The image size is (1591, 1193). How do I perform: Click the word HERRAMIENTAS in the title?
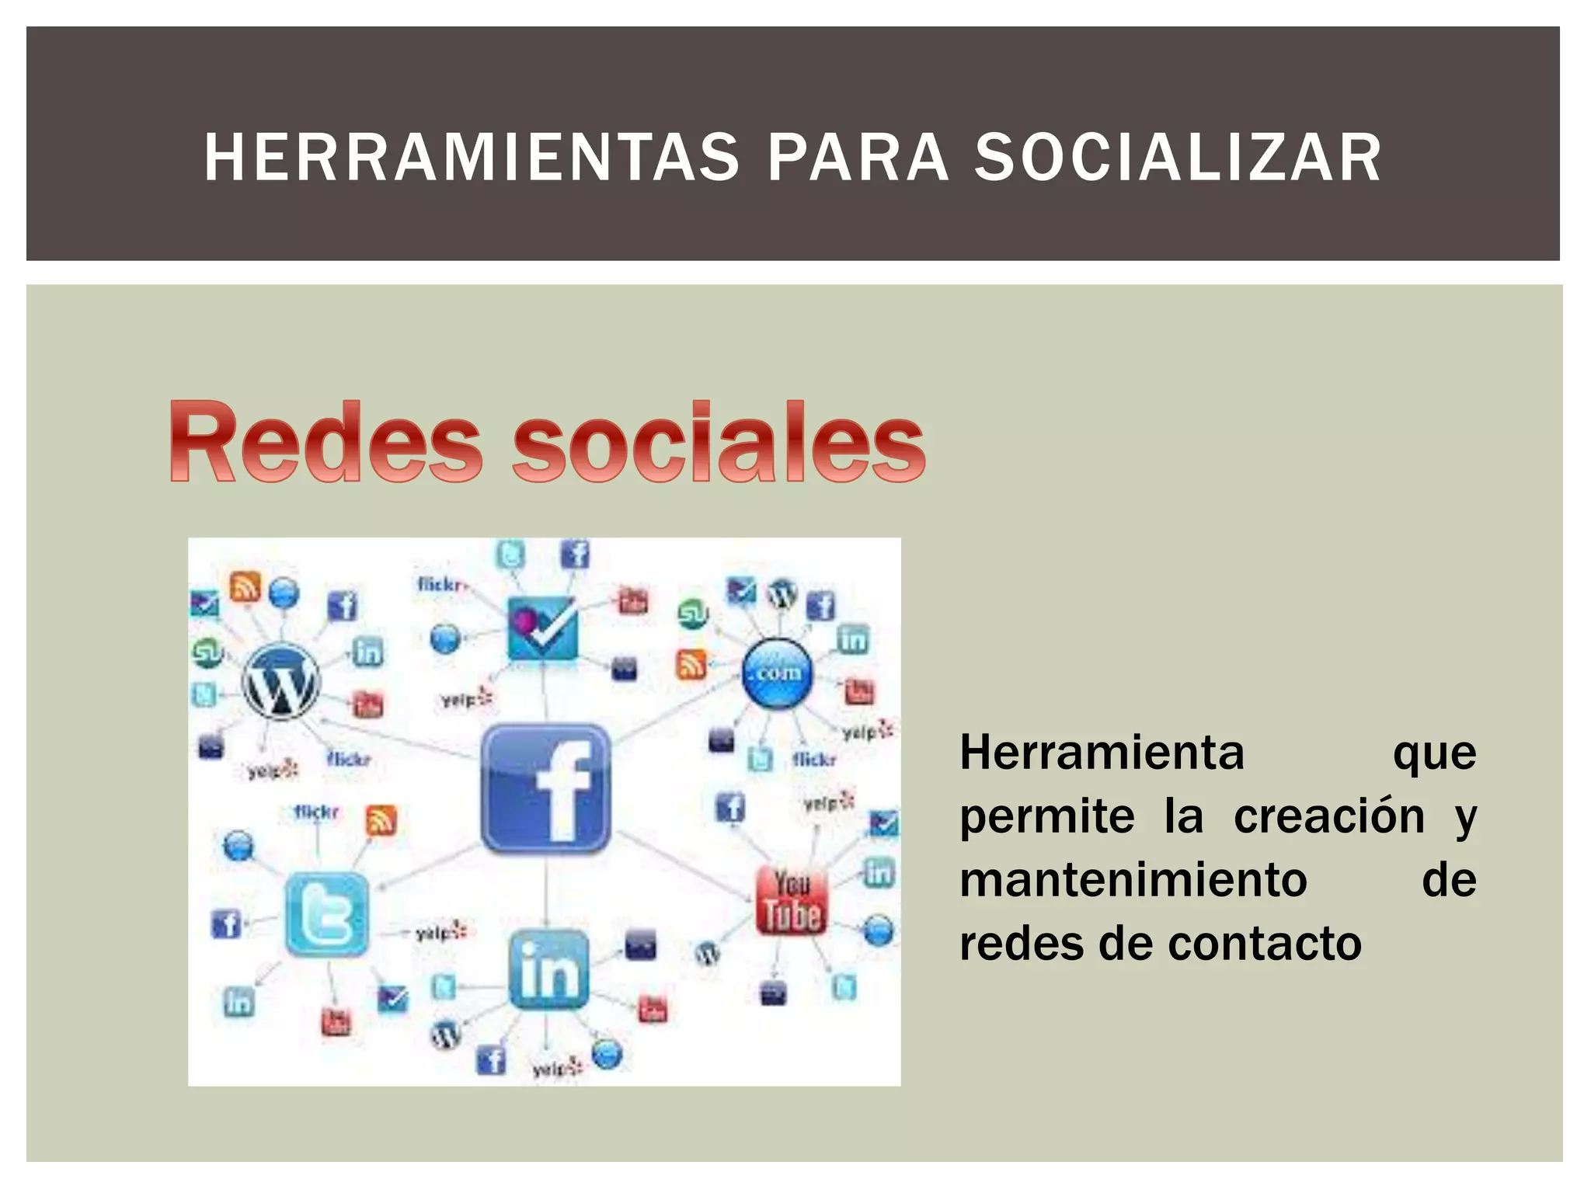tap(472, 158)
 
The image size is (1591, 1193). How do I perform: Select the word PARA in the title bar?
tap(858, 158)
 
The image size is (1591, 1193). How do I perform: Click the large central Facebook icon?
tap(545, 788)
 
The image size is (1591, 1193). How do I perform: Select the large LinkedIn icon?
tap(548, 969)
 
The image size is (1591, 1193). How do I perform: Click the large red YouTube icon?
tap(792, 901)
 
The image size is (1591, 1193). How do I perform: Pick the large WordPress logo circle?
tap(280, 681)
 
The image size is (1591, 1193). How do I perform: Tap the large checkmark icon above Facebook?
tap(542, 628)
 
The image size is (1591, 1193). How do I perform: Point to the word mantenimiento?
tap(1133, 880)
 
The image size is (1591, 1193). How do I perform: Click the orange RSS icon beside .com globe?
tap(691, 664)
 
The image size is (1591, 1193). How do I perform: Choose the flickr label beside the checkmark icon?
tap(440, 584)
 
